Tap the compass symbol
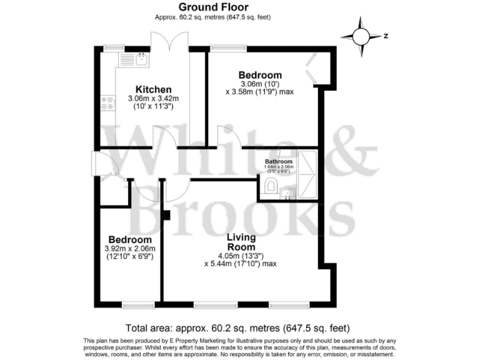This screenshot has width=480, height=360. [362, 36]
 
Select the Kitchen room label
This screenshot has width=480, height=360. [154, 89]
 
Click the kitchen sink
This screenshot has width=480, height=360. [142, 60]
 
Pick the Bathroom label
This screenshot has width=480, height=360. [279, 162]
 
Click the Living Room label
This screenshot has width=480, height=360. [241, 242]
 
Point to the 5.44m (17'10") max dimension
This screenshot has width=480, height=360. [241, 264]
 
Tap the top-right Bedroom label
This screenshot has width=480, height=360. [261, 76]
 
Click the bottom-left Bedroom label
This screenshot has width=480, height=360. [130, 239]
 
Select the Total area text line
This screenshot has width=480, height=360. [238, 327]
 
